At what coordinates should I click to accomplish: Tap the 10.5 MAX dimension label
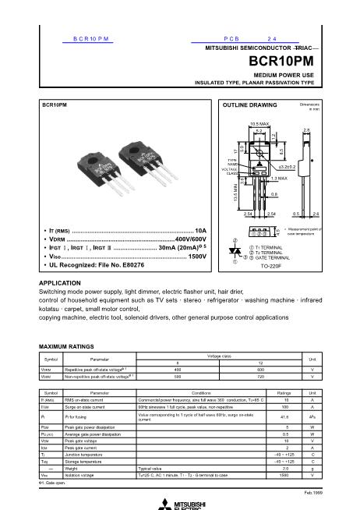260,124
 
